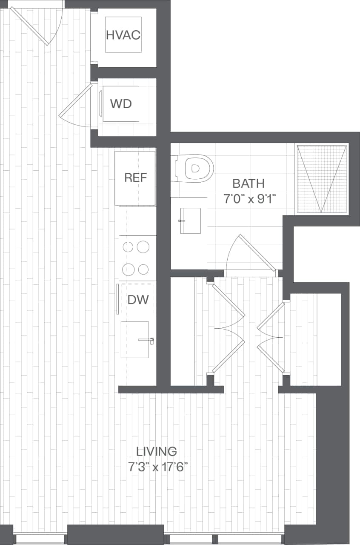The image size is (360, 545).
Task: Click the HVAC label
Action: pyautogui.click(x=123, y=35)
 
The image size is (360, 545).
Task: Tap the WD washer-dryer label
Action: pyautogui.click(x=121, y=103)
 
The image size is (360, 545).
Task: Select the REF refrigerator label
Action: pyautogui.click(x=135, y=178)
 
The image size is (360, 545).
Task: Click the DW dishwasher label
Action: pyautogui.click(x=138, y=299)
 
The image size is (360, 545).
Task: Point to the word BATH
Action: pyautogui.click(x=249, y=184)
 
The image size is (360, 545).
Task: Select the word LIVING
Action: pyautogui.click(x=157, y=451)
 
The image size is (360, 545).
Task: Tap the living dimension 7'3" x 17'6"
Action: pyautogui.click(x=158, y=467)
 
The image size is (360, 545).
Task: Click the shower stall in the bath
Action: pyautogui.click(x=322, y=179)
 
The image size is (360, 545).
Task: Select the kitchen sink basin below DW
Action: pyautogui.click(x=134, y=339)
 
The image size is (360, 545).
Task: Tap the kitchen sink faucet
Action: pyautogui.click(x=147, y=340)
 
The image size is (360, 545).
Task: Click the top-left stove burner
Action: pyautogui.click(x=128, y=247)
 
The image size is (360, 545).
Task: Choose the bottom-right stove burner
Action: pyautogui.click(x=143, y=269)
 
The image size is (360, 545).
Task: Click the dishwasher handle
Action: pyautogui.click(x=117, y=299)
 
